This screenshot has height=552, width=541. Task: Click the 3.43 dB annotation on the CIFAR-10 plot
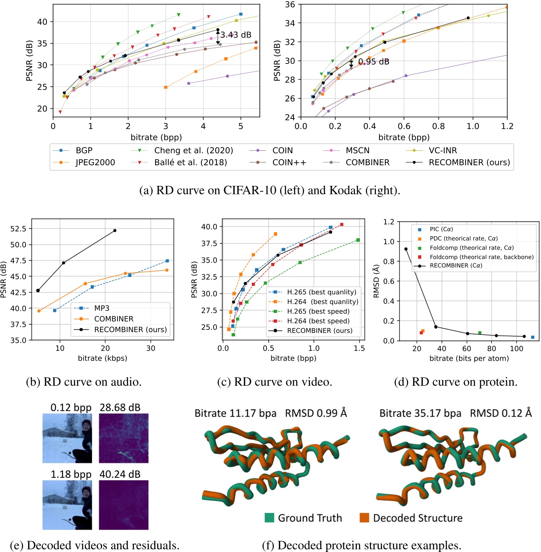point(236,35)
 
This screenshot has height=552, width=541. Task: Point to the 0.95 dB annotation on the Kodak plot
point(373,62)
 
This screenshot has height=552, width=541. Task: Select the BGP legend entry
point(84,150)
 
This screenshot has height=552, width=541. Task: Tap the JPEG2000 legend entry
point(95,162)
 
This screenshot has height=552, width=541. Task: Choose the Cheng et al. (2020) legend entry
point(193,150)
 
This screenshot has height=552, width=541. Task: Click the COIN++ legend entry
point(289,162)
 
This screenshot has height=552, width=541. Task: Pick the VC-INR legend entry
point(442,150)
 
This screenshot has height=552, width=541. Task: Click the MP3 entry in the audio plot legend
point(102,308)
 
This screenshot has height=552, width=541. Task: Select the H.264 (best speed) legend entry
point(318,321)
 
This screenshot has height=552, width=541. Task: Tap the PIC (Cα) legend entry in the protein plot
point(441,229)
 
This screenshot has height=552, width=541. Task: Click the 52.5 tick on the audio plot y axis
point(18,229)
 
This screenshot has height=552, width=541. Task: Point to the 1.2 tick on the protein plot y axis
point(388,222)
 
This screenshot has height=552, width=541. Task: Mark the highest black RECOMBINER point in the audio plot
point(115,231)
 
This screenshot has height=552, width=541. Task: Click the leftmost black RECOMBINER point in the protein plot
point(406,249)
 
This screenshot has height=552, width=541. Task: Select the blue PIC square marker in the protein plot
point(533,337)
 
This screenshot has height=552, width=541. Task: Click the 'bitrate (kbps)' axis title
point(102,358)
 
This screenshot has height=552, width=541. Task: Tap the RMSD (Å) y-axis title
point(376,281)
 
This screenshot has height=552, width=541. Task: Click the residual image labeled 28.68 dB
point(124,438)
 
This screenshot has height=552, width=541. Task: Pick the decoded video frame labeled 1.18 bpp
point(67,505)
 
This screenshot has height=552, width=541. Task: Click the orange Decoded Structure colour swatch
point(364,518)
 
